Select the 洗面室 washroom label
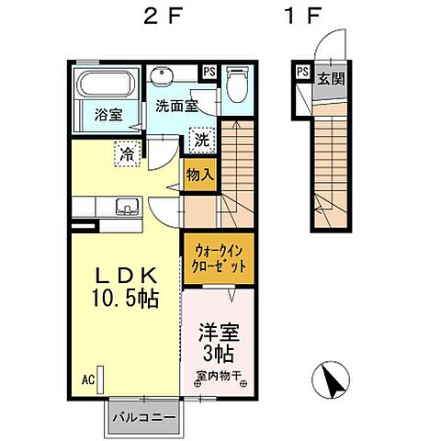(x=175, y=107)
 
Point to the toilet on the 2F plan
(x=237, y=85)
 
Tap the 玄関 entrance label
(x=331, y=78)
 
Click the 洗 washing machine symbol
(x=201, y=141)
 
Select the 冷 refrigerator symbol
(x=126, y=153)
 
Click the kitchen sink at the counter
(x=126, y=207)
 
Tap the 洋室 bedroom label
(x=217, y=330)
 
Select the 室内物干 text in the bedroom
(x=217, y=374)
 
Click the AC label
(x=88, y=378)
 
